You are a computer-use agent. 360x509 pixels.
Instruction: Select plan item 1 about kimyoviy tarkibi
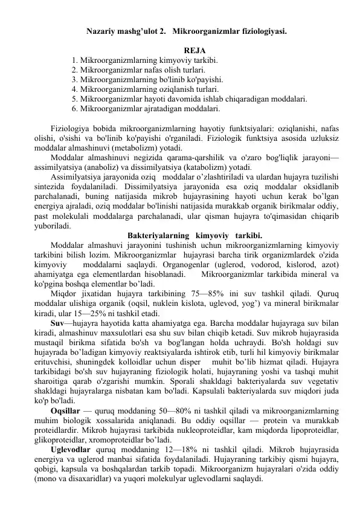coord(144,60)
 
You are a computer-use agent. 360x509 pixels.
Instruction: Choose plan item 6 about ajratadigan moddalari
coord(145,108)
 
